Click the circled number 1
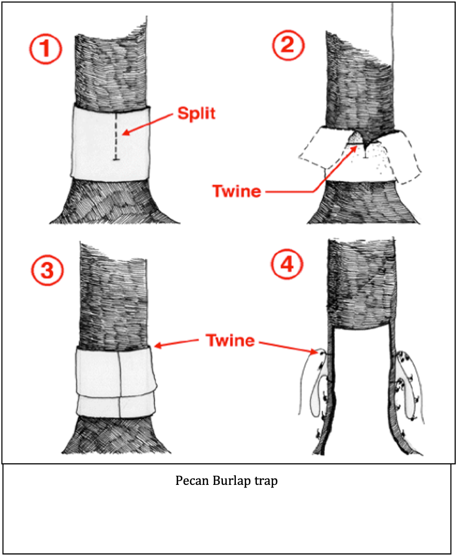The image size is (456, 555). coord(46,50)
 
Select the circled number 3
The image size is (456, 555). coord(47,270)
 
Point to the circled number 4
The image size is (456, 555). coord(287,264)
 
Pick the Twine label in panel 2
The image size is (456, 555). coord(236,191)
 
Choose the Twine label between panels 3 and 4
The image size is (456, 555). coord(230,341)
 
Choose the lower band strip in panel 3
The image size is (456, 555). coord(115,406)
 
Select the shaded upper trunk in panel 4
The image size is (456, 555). coord(362,283)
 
